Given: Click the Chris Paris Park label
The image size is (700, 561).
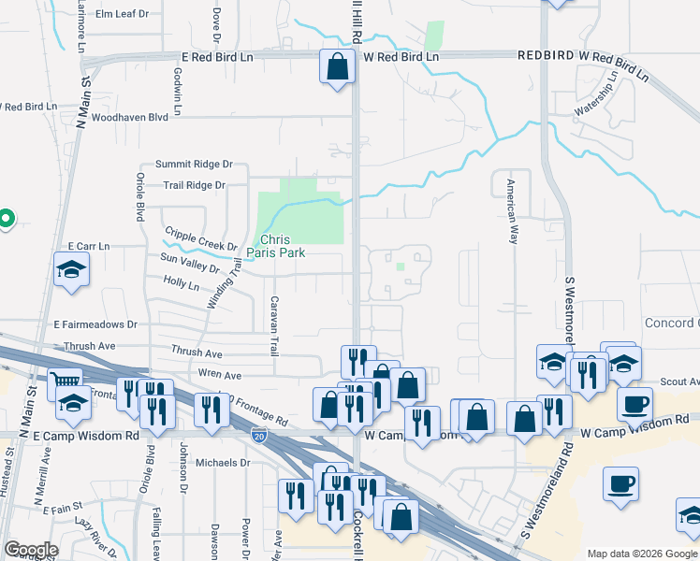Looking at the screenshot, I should click(x=283, y=246).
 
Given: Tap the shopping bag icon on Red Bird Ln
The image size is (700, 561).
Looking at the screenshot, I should click(x=337, y=67).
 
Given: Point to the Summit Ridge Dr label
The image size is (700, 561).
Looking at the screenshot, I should click(x=194, y=164).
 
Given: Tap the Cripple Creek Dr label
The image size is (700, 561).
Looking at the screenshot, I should click(x=200, y=237).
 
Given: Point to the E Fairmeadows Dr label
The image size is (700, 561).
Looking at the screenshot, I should click(x=95, y=324).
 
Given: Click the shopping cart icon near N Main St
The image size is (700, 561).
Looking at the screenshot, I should click(x=64, y=381).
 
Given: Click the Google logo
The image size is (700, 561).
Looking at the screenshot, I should click(x=31, y=550).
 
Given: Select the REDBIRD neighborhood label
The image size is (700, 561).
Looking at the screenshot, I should click(x=546, y=57).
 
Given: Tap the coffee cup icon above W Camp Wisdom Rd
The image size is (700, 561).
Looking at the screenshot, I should click(x=634, y=404).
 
